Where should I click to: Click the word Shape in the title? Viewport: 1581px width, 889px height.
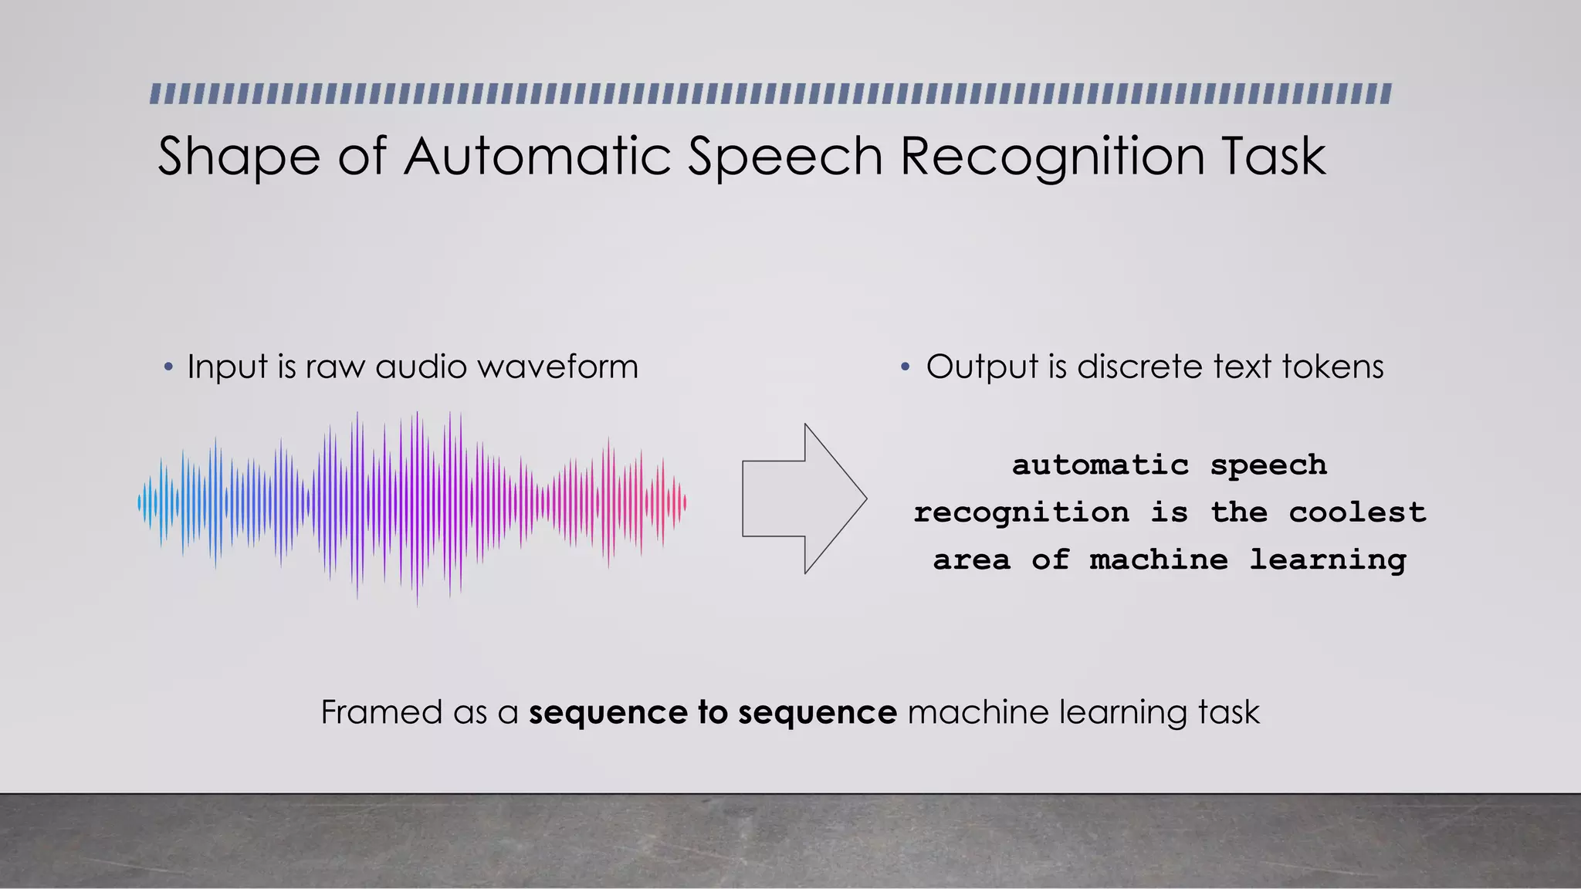[239, 157]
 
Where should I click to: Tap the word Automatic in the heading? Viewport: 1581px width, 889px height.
[538, 156]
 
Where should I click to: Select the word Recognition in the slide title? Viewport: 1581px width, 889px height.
[1052, 157]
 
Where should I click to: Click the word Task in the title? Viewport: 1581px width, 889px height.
[1273, 156]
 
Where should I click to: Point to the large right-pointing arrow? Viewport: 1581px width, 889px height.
[803, 499]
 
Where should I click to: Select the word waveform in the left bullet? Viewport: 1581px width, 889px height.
[557, 367]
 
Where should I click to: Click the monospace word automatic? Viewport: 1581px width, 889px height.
[1100, 465]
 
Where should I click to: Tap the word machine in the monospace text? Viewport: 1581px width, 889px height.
[1158, 559]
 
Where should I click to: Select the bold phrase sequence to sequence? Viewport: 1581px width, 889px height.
[713, 712]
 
